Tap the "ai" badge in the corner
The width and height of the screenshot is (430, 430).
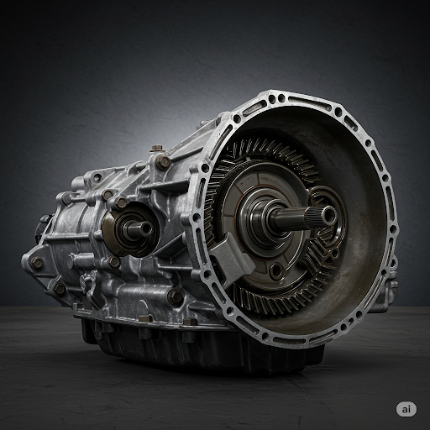[x=406, y=408]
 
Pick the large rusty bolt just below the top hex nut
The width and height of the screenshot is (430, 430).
[x=163, y=162]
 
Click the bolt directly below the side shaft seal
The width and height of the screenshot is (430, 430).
[x=114, y=262]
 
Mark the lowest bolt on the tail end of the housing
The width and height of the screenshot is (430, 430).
[x=60, y=288]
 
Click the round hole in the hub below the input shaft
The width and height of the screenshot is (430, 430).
[x=275, y=270]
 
